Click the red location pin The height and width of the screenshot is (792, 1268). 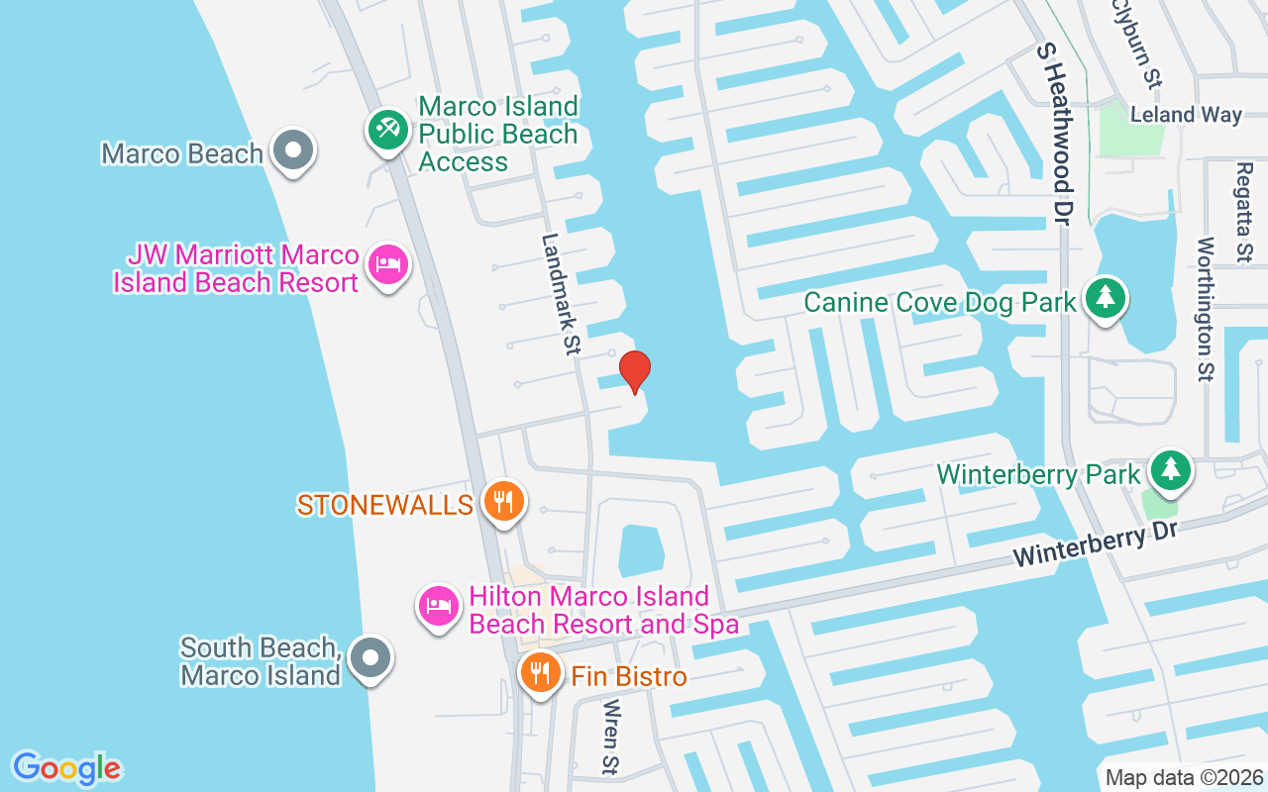tap(634, 371)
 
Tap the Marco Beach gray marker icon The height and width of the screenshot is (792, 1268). tap(292, 151)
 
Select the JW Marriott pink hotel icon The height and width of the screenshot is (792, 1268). tap(388, 265)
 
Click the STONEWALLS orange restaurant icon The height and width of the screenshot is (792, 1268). tap(504, 502)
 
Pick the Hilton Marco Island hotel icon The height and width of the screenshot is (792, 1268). tap(439, 604)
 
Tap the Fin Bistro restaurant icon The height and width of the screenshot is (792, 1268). tap(540, 673)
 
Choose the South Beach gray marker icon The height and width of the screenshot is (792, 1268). tap(370, 656)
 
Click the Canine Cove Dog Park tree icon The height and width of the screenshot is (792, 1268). tap(1105, 297)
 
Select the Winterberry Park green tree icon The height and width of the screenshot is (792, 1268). tap(1171, 469)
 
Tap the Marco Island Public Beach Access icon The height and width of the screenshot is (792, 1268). tap(387, 129)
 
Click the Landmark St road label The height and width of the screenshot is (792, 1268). tap(560, 294)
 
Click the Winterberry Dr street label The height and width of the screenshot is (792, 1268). tap(1095, 544)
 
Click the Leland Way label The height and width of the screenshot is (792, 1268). tap(1186, 115)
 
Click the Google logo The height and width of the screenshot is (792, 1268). tap(67, 767)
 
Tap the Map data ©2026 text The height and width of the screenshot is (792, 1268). tap(1185, 777)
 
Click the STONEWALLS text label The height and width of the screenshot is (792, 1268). tap(385, 505)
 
